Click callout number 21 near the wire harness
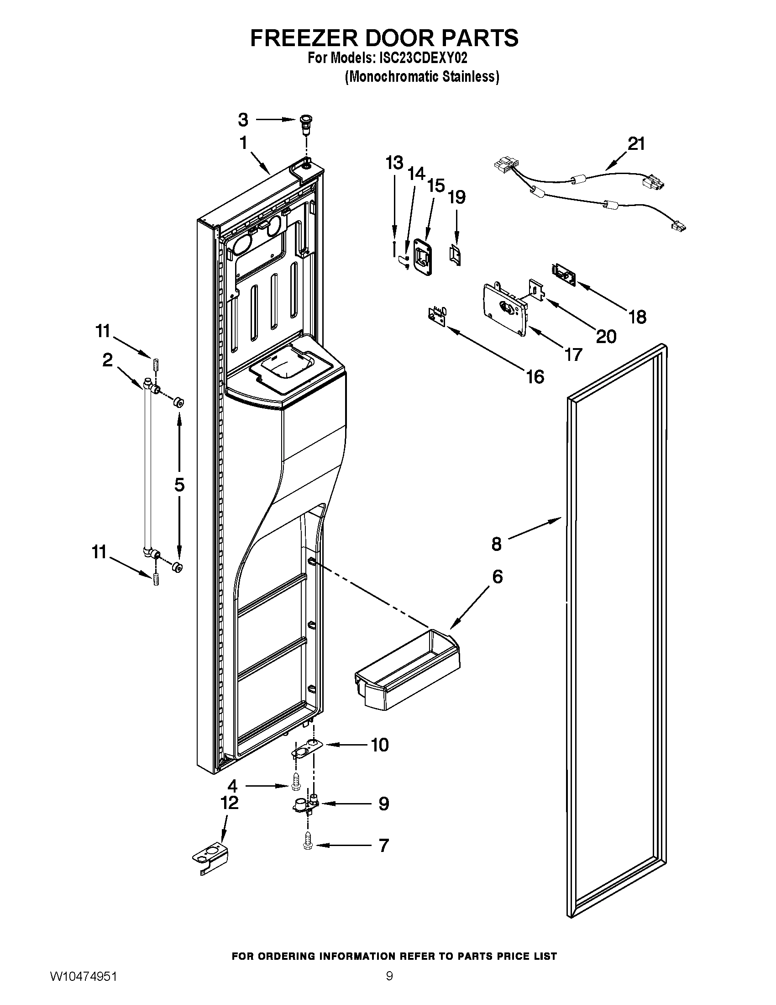click(636, 144)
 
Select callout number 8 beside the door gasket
click(497, 544)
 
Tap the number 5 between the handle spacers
click(179, 485)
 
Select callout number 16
click(535, 377)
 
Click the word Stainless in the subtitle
click(469, 76)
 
